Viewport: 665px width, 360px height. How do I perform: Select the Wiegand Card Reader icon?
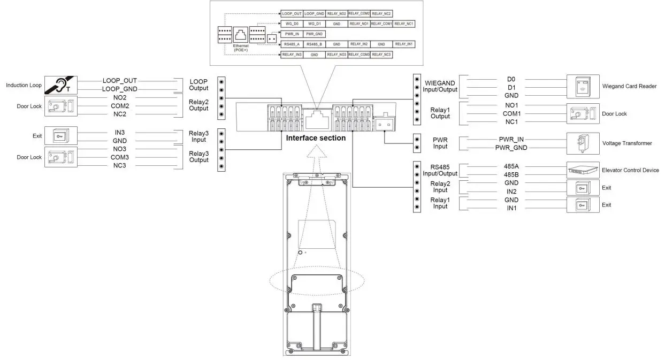tap(583, 86)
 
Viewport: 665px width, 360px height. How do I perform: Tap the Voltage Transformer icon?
tap(583, 143)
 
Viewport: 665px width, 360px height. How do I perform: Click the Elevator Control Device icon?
tap(583, 170)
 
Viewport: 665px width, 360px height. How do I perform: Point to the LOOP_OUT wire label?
tap(120, 81)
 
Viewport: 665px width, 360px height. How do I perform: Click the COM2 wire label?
tap(120, 106)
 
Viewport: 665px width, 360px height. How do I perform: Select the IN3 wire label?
tap(120, 132)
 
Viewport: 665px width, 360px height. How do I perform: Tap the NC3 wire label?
tap(120, 165)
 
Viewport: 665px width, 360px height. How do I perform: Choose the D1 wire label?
tap(511, 87)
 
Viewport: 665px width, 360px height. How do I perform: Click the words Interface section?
tap(316, 138)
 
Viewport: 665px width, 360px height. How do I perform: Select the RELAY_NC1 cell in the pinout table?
tap(404, 24)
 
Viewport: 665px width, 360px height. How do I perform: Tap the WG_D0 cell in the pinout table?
tap(292, 24)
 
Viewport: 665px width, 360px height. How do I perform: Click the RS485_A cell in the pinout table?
tap(292, 44)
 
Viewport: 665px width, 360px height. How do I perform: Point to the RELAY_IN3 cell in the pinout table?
tap(292, 55)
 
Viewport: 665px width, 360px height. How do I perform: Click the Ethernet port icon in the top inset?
tap(241, 35)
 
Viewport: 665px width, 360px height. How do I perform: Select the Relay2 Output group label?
tap(198, 105)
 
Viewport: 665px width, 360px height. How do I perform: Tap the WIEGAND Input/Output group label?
tap(440, 86)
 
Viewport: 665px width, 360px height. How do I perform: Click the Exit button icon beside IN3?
tap(61, 136)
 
